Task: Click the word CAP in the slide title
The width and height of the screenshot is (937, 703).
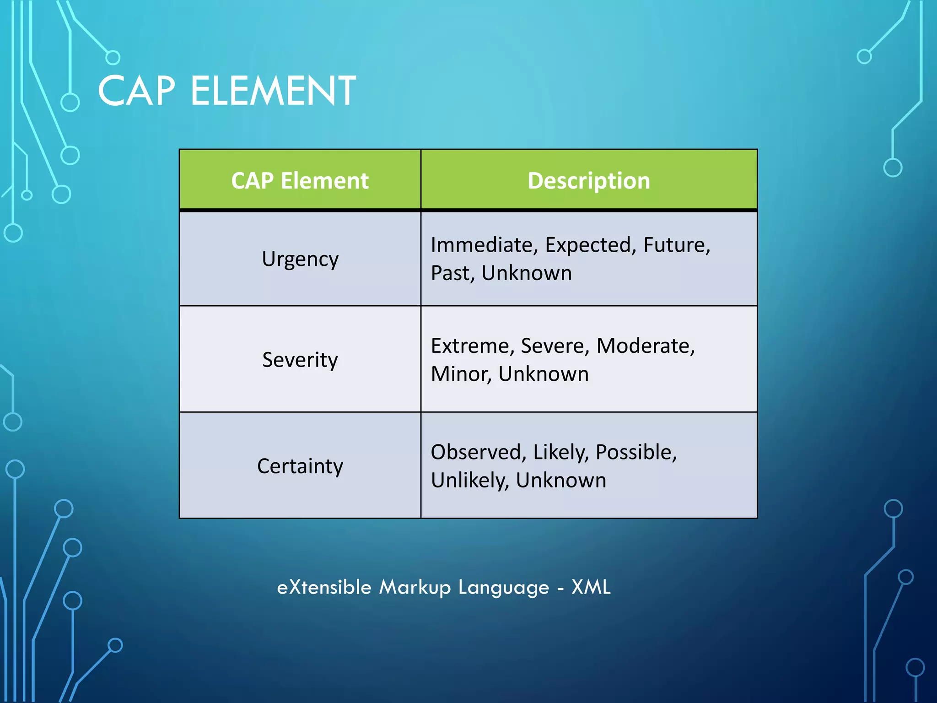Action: point(136,91)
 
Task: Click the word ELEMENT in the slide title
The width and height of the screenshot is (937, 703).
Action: point(273,91)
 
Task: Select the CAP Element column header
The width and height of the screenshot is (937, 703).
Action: point(300,180)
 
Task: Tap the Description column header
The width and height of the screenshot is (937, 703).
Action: point(588,180)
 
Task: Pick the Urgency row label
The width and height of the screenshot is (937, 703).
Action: point(300,259)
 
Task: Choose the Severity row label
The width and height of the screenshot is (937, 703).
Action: point(300,360)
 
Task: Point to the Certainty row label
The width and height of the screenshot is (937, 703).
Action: point(300,466)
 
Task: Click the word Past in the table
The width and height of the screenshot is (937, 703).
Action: point(452,273)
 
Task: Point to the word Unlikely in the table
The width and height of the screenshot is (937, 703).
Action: point(469,481)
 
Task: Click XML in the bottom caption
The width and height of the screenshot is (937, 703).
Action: point(591,587)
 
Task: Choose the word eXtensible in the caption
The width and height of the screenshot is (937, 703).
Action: point(324,587)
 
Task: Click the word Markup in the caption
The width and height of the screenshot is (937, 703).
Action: point(415,587)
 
